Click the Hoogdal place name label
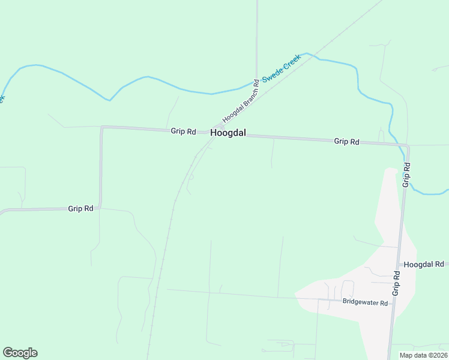click(228, 133)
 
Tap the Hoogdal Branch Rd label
click(240, 100)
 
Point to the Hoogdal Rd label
click(423, 264)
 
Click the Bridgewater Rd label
click(365, 303)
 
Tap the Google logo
click(20, 353)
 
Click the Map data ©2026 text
click(423, 355)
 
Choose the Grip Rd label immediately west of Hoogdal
click(183, 131)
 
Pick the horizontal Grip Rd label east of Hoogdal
click(346, 142)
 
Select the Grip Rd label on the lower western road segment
click(80, 209)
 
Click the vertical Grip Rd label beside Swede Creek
click(406, 175)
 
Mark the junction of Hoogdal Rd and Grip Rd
click(398, 264)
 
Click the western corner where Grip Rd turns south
click(101, 127)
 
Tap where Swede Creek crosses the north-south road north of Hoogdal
click(256, 81)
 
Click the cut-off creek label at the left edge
click(2, 97)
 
